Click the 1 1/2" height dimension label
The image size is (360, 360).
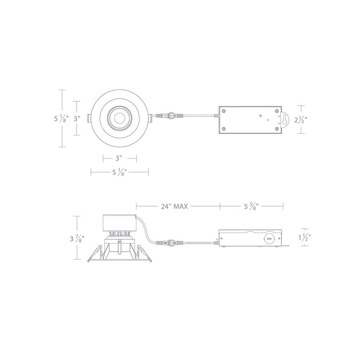(x=304, y=238)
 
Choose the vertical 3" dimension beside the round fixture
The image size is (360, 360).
(x=78, y=118)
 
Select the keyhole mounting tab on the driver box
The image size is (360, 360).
(x=283, y=119)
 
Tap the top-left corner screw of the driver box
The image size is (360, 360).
(x=224, y=110)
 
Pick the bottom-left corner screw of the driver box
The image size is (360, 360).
(x=224, y=129)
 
